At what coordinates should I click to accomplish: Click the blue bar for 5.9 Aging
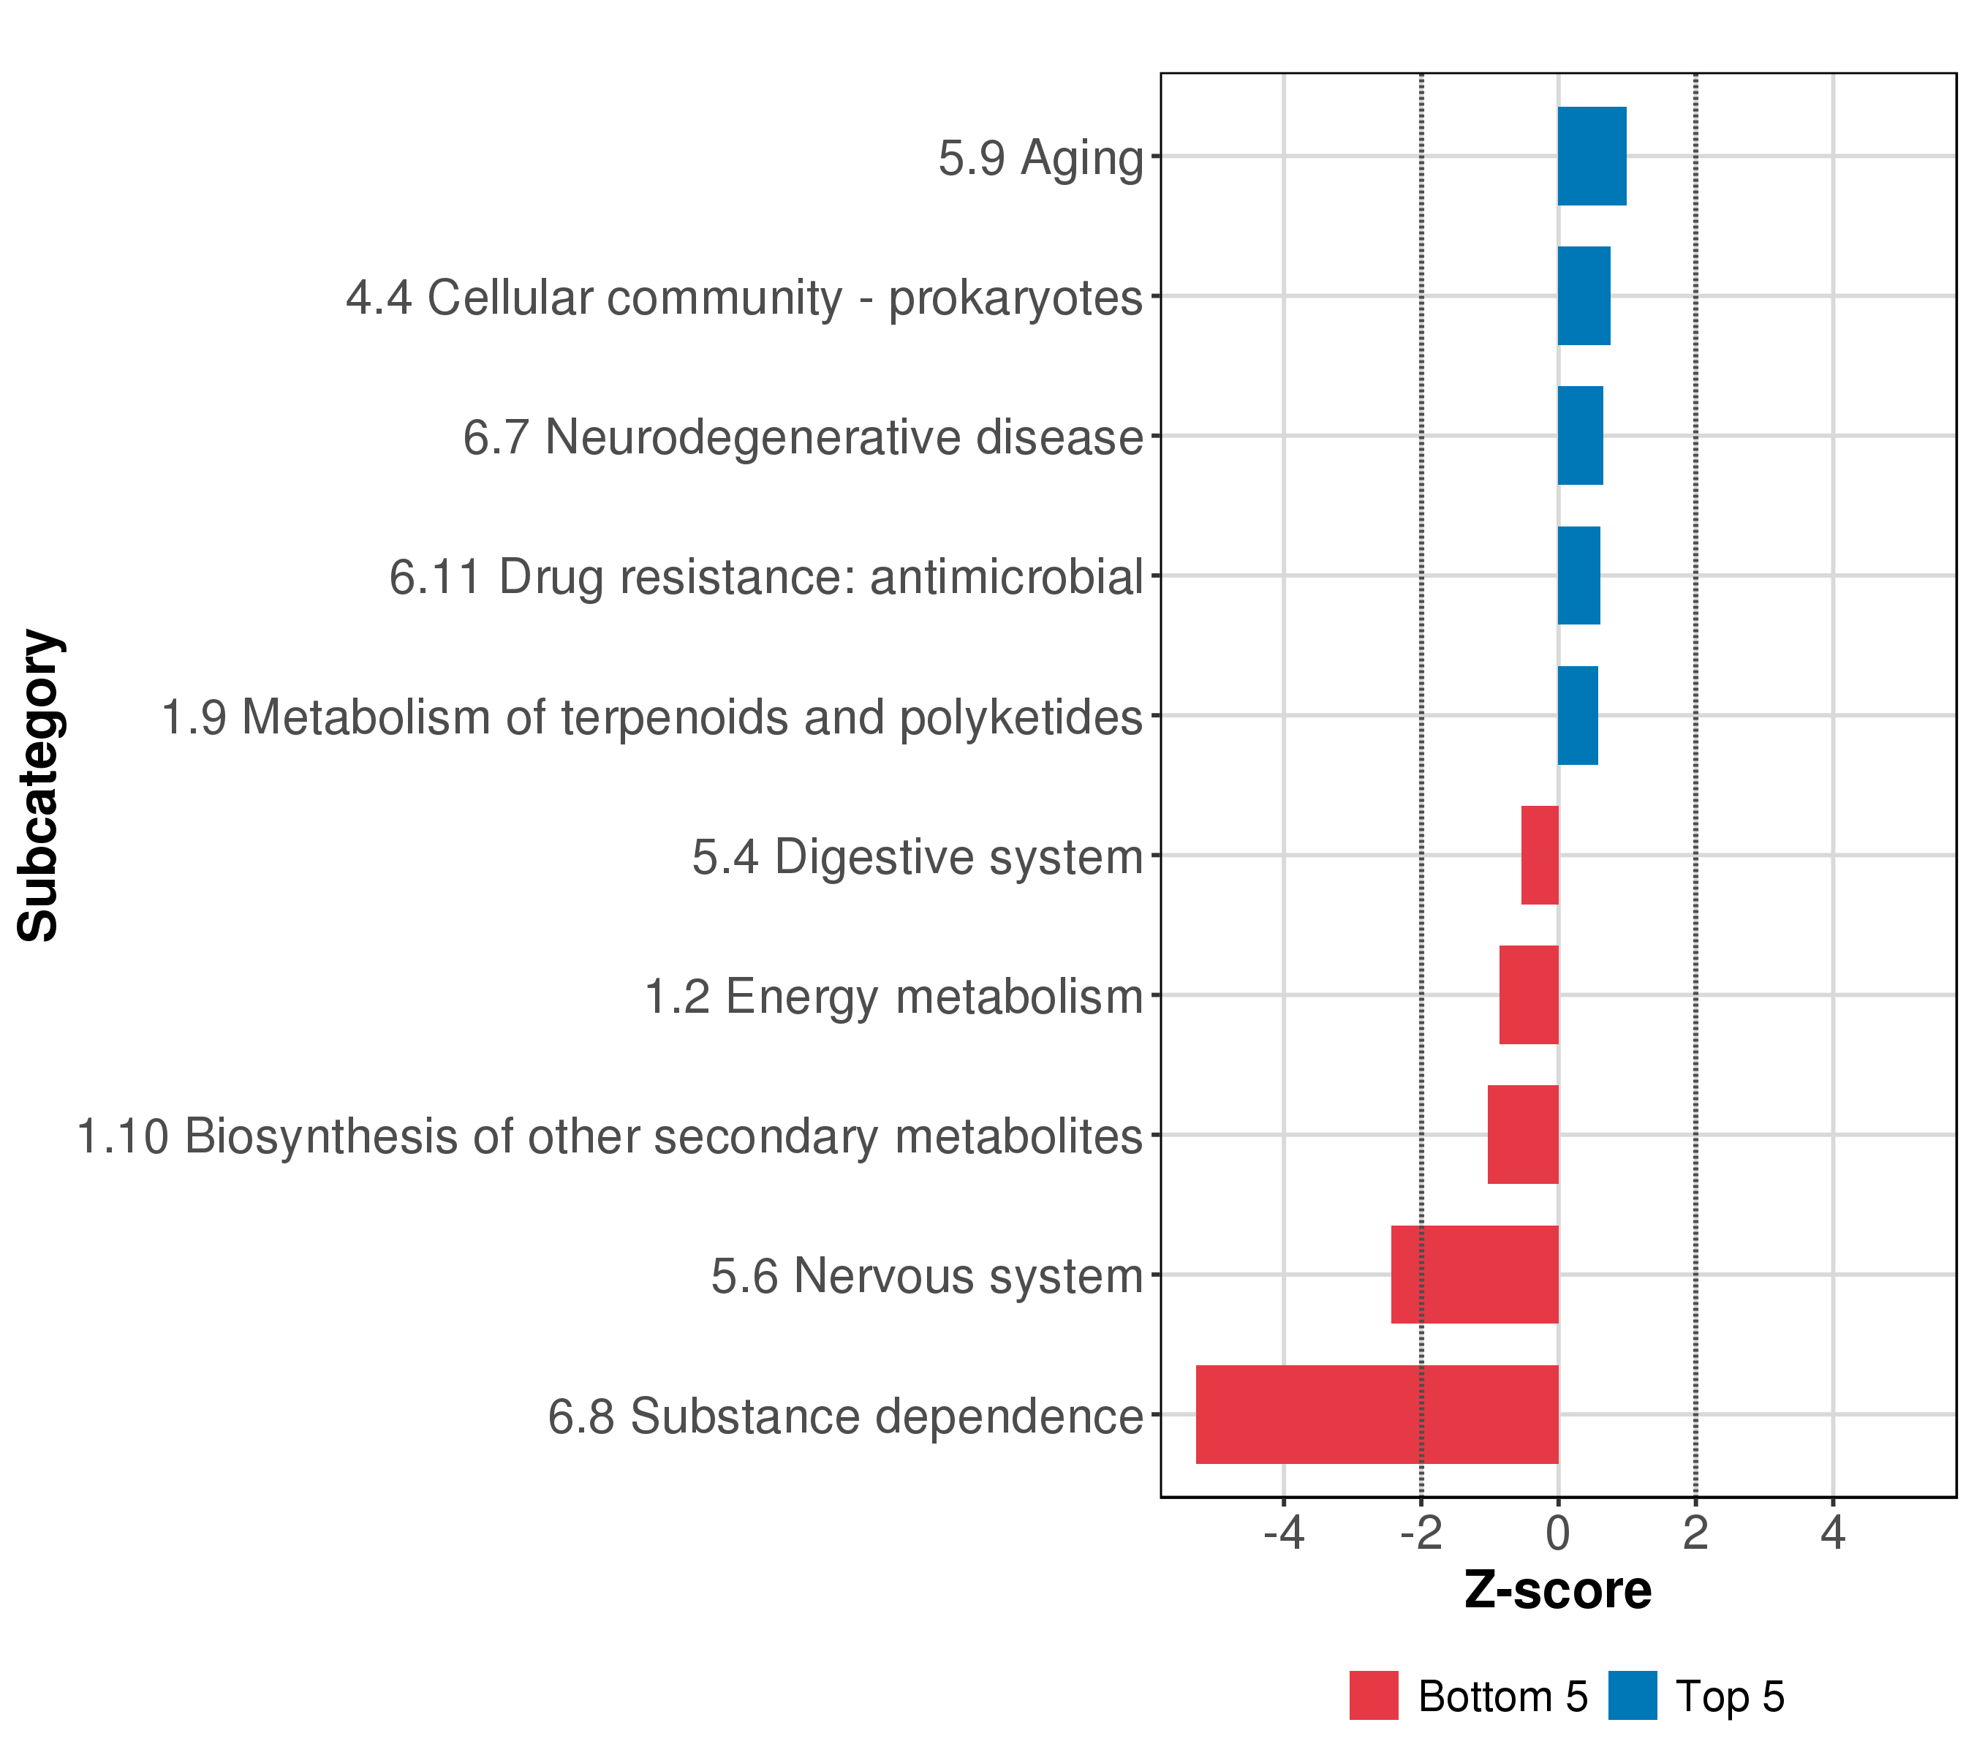point(1592,156)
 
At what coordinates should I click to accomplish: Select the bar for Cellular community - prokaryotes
point(1584,295)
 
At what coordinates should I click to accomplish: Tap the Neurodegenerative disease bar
point(1580,436)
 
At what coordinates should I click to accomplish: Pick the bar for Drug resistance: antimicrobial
point(1579,575)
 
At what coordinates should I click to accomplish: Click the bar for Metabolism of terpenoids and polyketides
point(1578,716)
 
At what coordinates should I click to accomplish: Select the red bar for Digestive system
point(1540,855)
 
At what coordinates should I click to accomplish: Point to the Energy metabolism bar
point(1529,994)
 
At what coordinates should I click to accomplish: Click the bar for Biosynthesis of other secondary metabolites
point(1523,1135)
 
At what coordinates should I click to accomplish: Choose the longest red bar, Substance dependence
point(1377,1414)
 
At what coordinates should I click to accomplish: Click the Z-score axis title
point(1558,1590)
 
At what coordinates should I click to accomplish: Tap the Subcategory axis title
point(39,785)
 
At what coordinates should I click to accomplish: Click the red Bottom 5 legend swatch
point(1374,1696)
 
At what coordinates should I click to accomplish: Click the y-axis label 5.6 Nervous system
point(927,1276)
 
